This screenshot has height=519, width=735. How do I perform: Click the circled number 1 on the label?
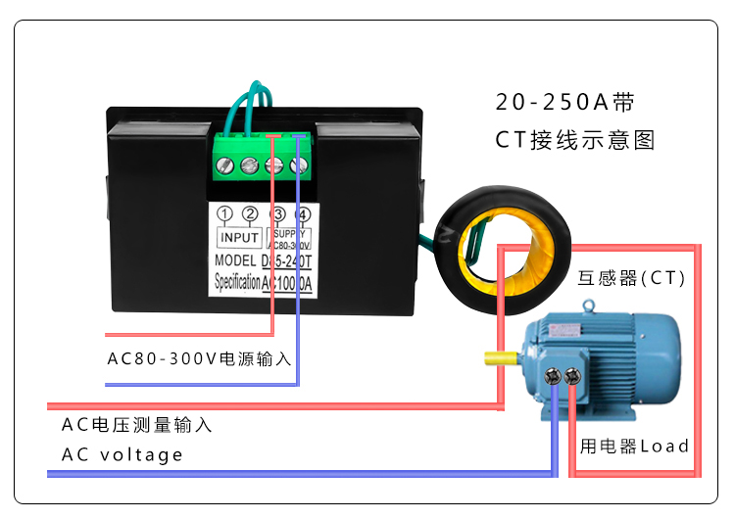(224, 214)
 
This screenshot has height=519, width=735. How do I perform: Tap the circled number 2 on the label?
(250, 214)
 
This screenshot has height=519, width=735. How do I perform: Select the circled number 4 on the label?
(303, 214)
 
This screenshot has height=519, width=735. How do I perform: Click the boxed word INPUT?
(238, 237)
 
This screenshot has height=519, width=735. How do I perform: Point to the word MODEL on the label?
(233, 260)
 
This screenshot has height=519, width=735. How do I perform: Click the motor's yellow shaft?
(496, 358)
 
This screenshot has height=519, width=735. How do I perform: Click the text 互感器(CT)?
(630, 279)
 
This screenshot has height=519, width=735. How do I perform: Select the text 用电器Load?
(634, 447)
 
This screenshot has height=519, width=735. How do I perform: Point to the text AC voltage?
(122, 454)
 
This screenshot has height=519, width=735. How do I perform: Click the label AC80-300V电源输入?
(199, 358)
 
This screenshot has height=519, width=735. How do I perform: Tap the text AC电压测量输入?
(137, 425)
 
